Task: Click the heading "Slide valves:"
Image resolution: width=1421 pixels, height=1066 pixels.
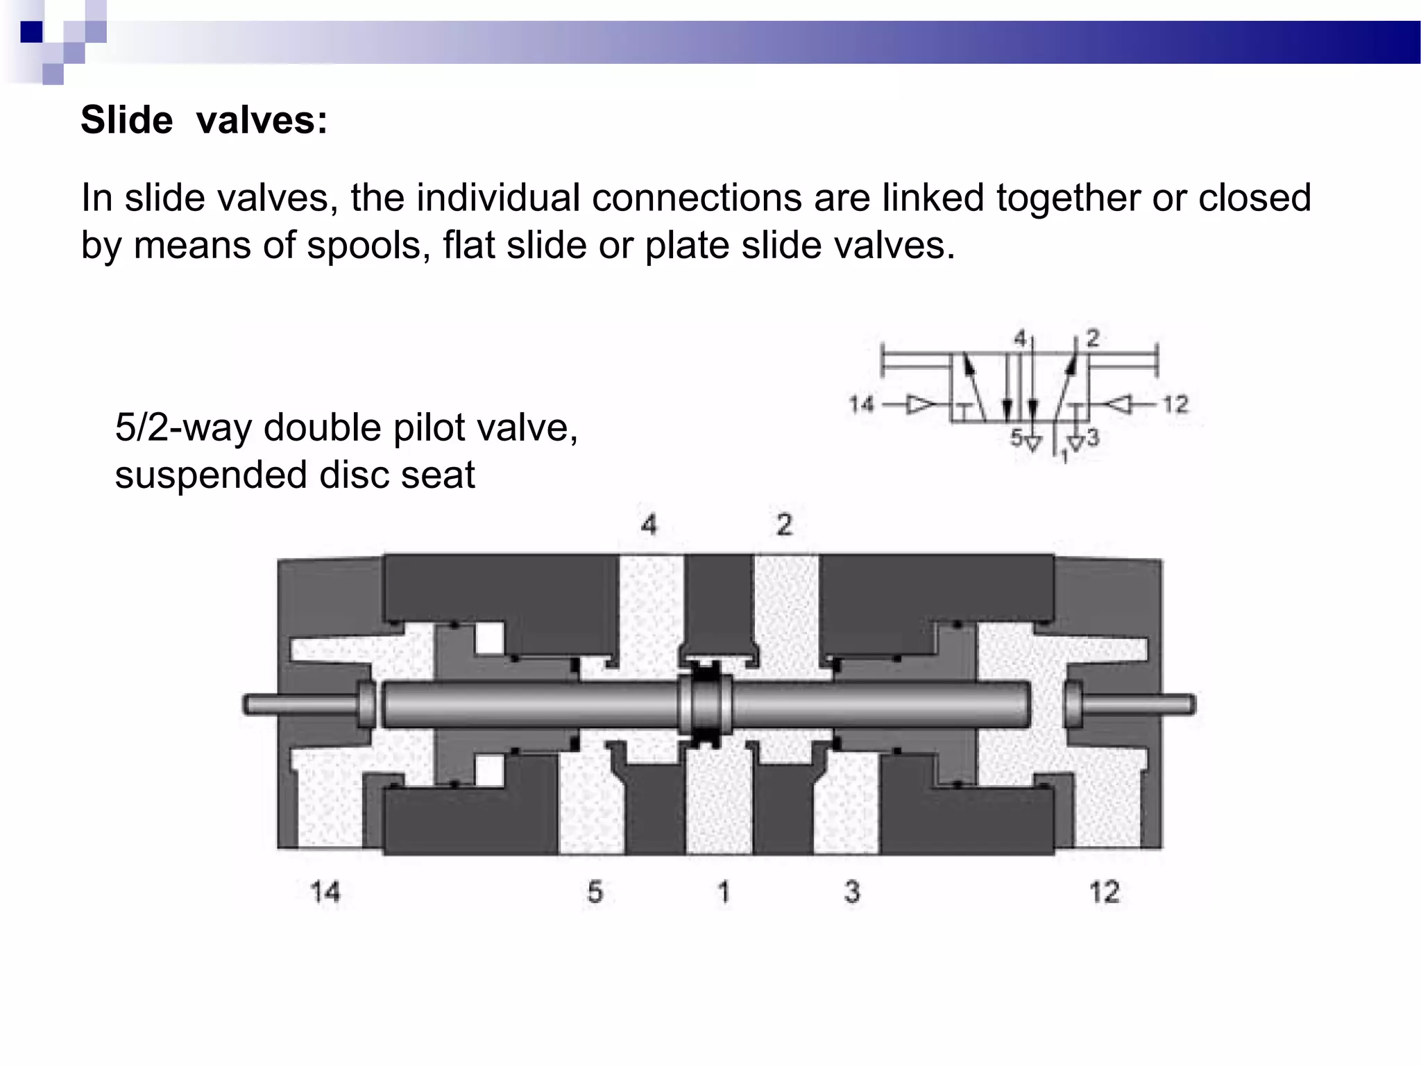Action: (x=204, y=120)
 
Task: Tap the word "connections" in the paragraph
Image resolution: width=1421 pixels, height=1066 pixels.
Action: (x=697, y=198)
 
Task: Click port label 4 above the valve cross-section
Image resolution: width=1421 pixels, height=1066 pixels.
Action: (x=649, y=525)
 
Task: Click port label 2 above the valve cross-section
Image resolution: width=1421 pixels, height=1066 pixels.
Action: (x=784, y=525)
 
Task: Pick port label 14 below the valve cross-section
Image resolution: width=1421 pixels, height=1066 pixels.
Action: (x=325, y=892)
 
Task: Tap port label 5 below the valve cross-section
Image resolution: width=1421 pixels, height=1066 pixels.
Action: (x=595, y=892)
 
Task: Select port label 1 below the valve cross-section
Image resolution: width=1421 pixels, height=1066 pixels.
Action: (x=723, y=892)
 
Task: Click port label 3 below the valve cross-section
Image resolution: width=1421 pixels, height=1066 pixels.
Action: (x=851, y=892)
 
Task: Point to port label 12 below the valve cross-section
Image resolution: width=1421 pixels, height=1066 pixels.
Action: (x=1104, y=892)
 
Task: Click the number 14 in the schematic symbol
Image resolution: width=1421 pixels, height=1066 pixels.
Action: (x=862, y=404)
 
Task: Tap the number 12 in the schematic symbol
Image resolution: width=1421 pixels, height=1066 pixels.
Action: (x=1175, y=404)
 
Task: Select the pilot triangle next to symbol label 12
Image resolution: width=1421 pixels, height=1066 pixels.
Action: (x=1118, y=404)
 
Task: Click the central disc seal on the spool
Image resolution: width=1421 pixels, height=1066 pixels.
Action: (x=706, y=704)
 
